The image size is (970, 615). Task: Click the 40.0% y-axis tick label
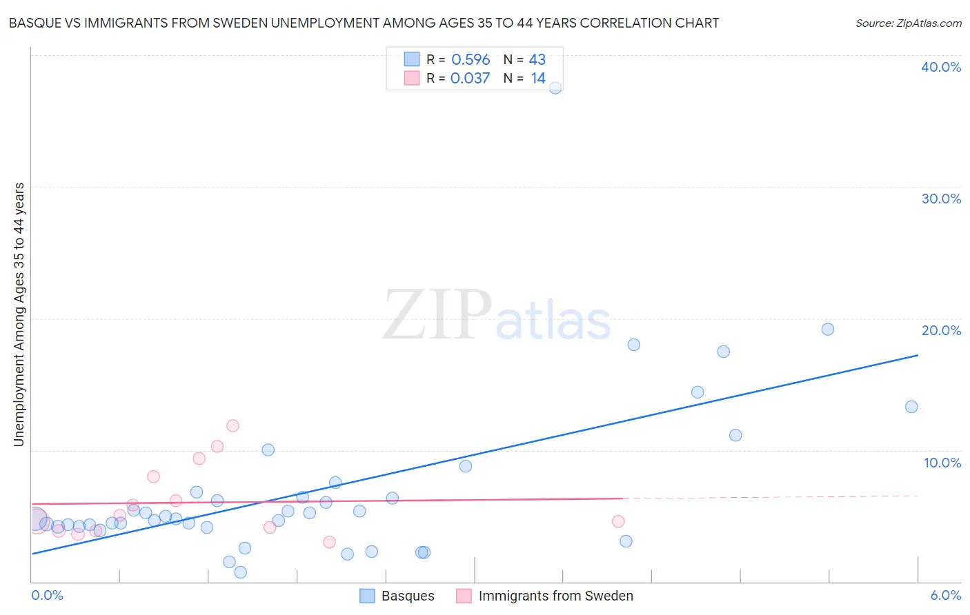pos(941,67)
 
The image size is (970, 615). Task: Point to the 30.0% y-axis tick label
pos(941,199)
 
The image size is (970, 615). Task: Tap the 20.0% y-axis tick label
pos(941,330)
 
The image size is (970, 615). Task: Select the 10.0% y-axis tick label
pos(942,463)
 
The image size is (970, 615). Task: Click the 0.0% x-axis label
pos(47,596)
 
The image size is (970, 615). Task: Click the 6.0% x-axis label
pos(945,596)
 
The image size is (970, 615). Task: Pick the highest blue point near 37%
pos(555,88)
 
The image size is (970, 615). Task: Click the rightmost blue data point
pos(911,407)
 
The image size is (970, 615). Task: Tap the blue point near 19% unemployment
pos(828,330)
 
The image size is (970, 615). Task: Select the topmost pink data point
pos(232,425)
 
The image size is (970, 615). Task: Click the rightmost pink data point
pos(618,521)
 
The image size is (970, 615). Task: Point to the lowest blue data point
pos(241,572)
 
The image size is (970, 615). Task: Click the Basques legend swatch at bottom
pos(367,596)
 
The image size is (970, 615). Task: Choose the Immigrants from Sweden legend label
pos(555,596)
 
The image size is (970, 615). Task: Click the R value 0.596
pos(471,60)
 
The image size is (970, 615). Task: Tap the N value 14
pos(538,79)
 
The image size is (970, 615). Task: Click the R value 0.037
pos(471,79)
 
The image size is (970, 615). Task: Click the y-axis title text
pos(19,314)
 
